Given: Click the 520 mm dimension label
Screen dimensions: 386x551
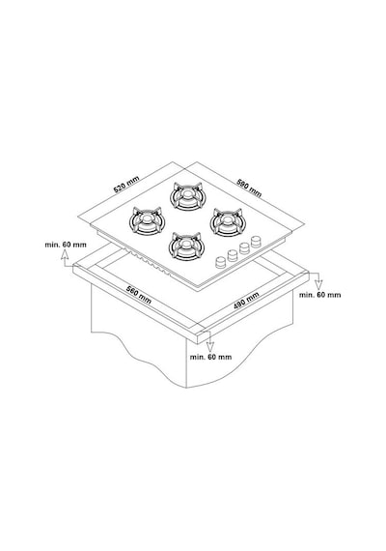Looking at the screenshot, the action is (126, 184).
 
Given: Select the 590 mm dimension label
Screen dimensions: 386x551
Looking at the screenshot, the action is (249, 188).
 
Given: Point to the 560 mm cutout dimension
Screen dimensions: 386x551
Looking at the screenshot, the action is (139, 296).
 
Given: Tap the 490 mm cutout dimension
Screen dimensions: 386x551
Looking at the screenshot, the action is (246, 301).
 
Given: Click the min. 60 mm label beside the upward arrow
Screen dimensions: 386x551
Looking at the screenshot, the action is (66, 245).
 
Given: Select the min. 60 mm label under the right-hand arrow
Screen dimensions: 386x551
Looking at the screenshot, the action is (319, 295).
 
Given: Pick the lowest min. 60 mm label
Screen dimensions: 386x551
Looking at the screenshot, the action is (210, 357).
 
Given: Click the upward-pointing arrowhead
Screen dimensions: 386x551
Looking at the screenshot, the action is (65, 255).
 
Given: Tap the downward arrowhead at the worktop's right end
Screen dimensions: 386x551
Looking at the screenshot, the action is (318, 283).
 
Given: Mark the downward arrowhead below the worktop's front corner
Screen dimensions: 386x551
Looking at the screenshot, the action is (209, 346).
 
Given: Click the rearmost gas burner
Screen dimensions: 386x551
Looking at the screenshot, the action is (186, 196).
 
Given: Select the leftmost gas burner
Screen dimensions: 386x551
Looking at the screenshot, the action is (147, 221).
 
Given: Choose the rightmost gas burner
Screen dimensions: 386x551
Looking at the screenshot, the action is (228, 222).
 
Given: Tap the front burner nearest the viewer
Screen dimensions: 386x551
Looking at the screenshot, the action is (185, 246).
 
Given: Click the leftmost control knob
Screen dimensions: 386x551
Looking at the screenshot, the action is (221, 262).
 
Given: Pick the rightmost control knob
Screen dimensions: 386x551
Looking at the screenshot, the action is (257, 242).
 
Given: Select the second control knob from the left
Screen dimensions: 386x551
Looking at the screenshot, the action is (233, 255).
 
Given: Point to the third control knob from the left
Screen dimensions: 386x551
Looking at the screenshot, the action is (244, 248).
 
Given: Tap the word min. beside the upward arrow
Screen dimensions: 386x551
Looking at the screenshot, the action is (51, 245).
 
